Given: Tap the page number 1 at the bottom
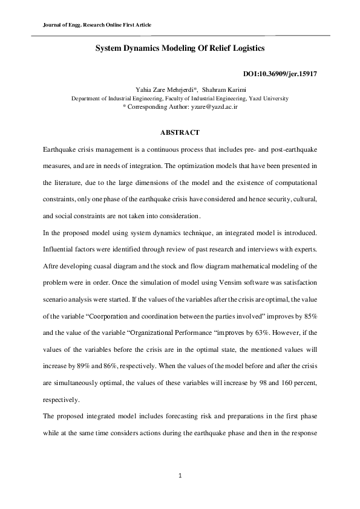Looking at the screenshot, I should pos(180,476).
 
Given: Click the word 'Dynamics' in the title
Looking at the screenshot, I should pos(145,47).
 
